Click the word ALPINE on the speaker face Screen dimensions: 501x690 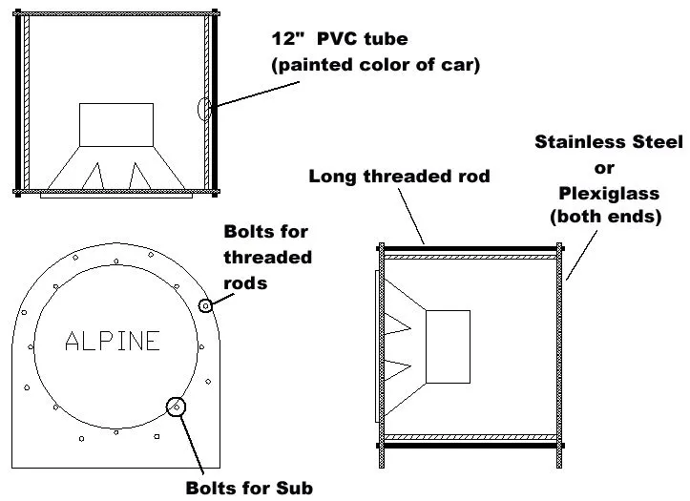point(113,341)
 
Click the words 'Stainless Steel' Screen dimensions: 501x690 point(608,142)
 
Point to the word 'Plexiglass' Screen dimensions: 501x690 point(609,193)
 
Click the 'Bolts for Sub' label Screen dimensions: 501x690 point(249,489)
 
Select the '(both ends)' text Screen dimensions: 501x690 point(608,218)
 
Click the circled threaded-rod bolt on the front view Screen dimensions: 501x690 point(204,305)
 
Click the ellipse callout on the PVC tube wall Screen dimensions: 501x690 point(204,109)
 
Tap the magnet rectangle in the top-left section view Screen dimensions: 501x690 point(115,125)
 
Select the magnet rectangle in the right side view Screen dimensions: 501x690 point(447,346)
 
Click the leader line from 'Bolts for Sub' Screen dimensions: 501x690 point(192,444)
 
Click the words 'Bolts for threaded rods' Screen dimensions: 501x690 point(267,258)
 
